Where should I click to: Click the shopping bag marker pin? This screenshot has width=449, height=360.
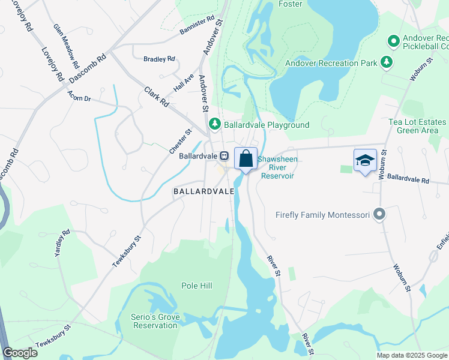(246, 160)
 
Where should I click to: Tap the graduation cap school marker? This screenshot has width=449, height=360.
(365, 161)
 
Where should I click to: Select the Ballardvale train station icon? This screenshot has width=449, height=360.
(223, 155)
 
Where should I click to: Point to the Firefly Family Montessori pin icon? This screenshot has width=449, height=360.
(379, 214)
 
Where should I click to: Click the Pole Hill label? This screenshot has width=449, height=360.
(197, 286)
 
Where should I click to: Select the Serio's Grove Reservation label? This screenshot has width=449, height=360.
(155, 321)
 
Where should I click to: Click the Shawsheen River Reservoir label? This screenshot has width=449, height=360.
(277, 167)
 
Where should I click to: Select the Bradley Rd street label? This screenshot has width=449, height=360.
(159, 59)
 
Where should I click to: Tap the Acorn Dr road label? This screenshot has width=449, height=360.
(79, 96)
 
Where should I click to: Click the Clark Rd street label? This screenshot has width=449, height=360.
(157, 96)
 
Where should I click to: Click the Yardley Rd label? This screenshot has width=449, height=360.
(62, 244)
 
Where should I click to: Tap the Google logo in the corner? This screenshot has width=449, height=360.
(20, 353)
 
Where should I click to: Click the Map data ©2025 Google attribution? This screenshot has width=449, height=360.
(412, 355)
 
